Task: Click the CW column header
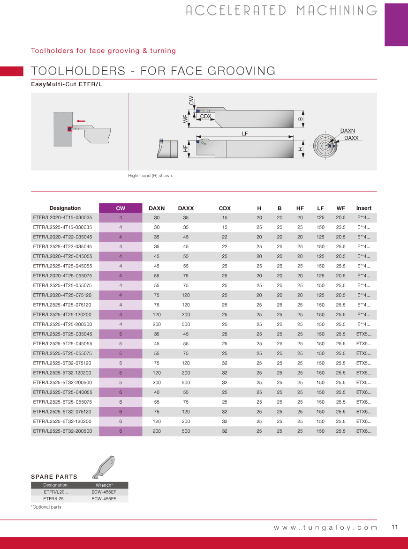pos(121,208)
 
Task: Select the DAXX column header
pos(186,208)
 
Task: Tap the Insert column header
pos(363,208)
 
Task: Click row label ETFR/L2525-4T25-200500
pos(62,325)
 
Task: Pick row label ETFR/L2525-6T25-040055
pos(62,393)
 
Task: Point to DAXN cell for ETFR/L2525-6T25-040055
pos(157,393)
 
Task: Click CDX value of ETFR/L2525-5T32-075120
pos(225,364)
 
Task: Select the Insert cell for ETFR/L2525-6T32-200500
pos(363,431)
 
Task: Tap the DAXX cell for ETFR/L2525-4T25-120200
pos(186,315)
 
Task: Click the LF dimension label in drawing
pos(245,134)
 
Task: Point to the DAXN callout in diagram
pos(348,131)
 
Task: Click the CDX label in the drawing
pos(205,116)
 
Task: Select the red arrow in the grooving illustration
pos(81,121)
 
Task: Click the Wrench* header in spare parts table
pos(104,485)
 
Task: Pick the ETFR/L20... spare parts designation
pos(55,492)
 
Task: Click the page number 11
pos(394,527)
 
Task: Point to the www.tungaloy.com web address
pos(325,527)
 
